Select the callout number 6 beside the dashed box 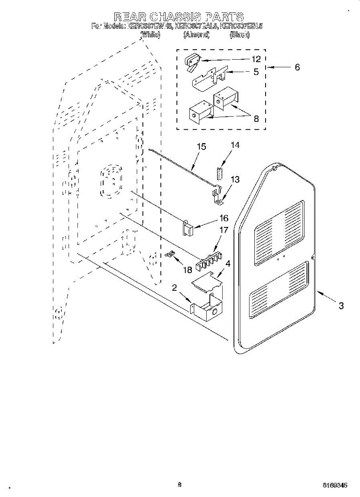tap(297, 67)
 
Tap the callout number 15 tap(201, 147)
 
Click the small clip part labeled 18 tap(169, 255)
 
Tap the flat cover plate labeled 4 tap(207, 283)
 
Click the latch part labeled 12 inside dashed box tap(192, 61)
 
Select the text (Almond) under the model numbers tap(196, 35)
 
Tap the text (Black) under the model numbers tap(239, 35)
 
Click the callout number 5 tap(256, 72)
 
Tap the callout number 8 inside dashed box tap(256, 119)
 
